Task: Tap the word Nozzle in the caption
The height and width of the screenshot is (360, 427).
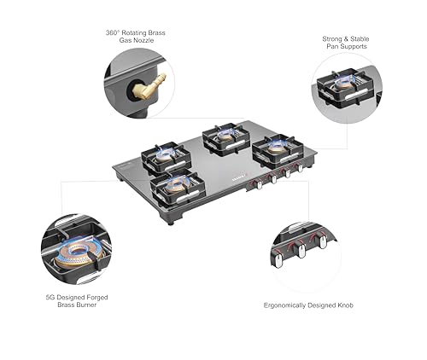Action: [143, 40]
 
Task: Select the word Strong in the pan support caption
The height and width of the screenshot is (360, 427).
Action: [332, 39]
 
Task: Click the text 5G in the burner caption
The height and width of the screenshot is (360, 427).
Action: [50, 298]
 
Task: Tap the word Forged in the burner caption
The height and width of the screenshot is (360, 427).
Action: [97, 298]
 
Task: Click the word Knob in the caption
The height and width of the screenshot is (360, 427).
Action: [345, 305]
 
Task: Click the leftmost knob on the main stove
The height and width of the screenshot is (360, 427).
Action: [260, 184]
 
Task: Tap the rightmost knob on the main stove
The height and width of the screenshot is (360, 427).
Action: [300, 168]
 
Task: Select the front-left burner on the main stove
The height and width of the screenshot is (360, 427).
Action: [178, 187]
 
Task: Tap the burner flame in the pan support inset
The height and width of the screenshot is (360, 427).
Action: [345, 84]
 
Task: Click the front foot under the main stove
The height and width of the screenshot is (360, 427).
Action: [170, 223]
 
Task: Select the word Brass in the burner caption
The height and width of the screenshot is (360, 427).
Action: [66, 305]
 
